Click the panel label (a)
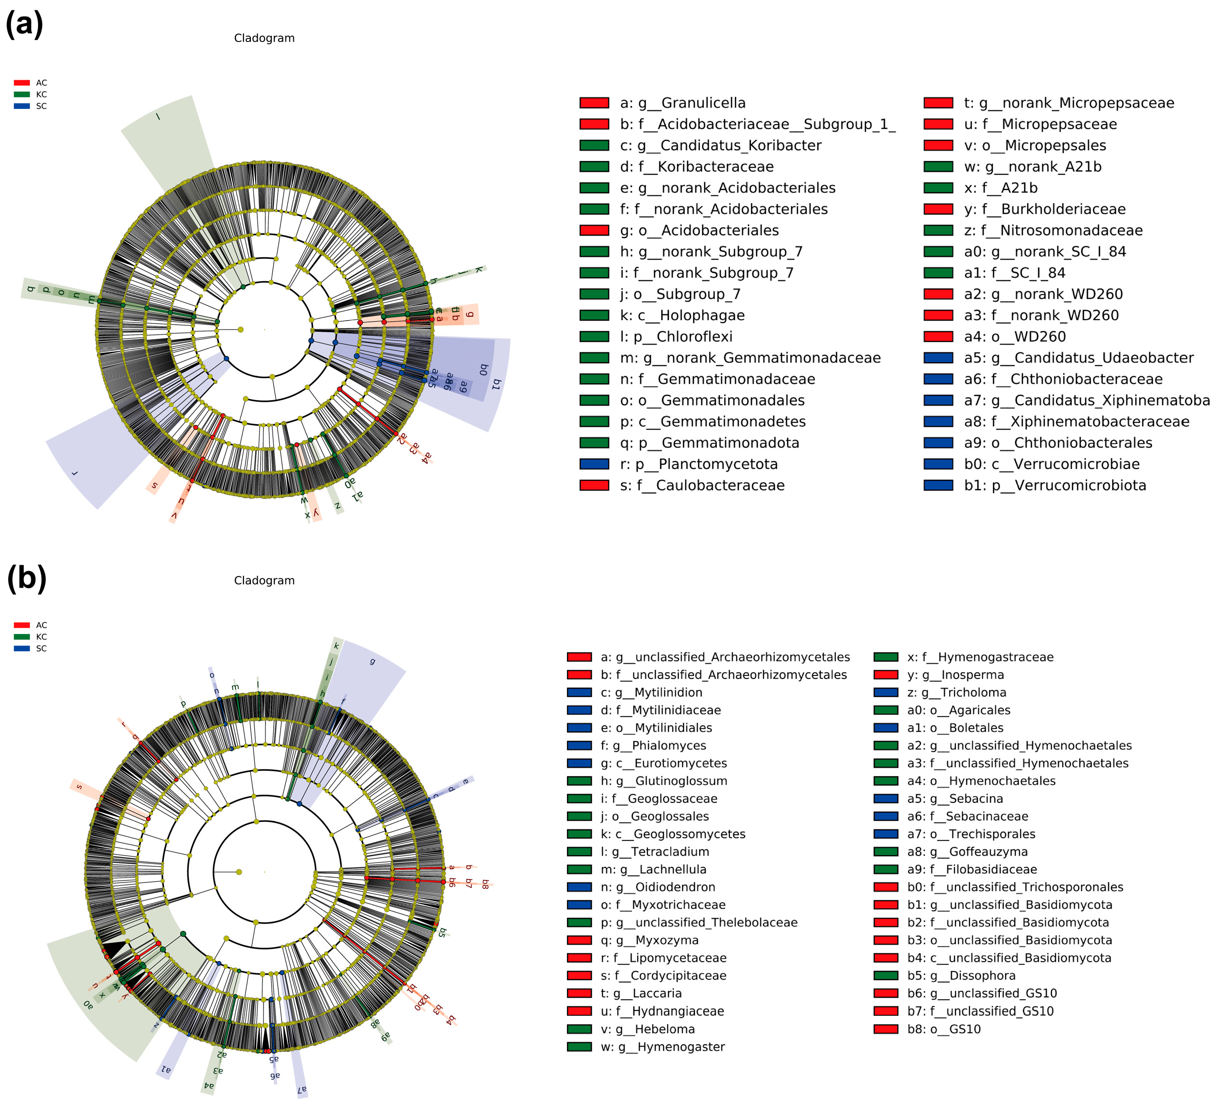tap(24, 25)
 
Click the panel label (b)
tap(26, 578)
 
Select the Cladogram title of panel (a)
tap(264, 38)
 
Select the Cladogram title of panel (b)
tap(264, 580)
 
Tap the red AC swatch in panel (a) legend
tap(21, 83)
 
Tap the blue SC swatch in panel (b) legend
tap(21, 648)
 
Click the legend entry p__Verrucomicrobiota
tap(1054, 486)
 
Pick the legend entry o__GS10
tap(944, 1029)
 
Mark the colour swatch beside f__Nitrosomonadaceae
tap(938, 231)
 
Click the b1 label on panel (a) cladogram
tap(496, 384)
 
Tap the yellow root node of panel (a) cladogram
tap(240, 329)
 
